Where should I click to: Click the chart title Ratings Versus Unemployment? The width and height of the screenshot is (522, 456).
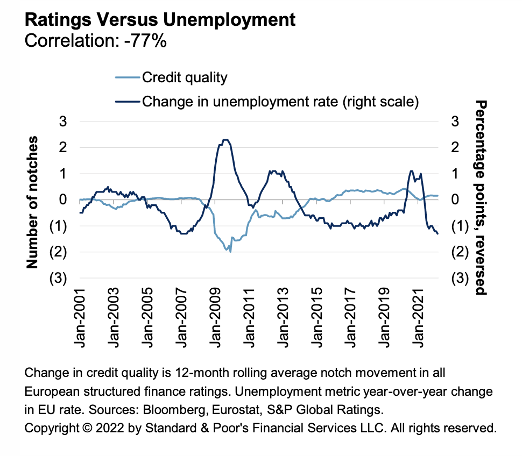(160, 20)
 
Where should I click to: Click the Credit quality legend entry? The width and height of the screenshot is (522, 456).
(185, 77)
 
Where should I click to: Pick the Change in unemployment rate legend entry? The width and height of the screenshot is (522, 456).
(280, 101)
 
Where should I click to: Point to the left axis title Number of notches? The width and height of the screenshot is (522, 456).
(33, 202)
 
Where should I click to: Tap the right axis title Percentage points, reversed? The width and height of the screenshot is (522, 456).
(481, 197)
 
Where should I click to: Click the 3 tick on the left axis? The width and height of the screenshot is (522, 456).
(62, 122)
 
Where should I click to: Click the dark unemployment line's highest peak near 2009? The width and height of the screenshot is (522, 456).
(225, 140)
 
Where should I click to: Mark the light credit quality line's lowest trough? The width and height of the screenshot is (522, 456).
(230, 252)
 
